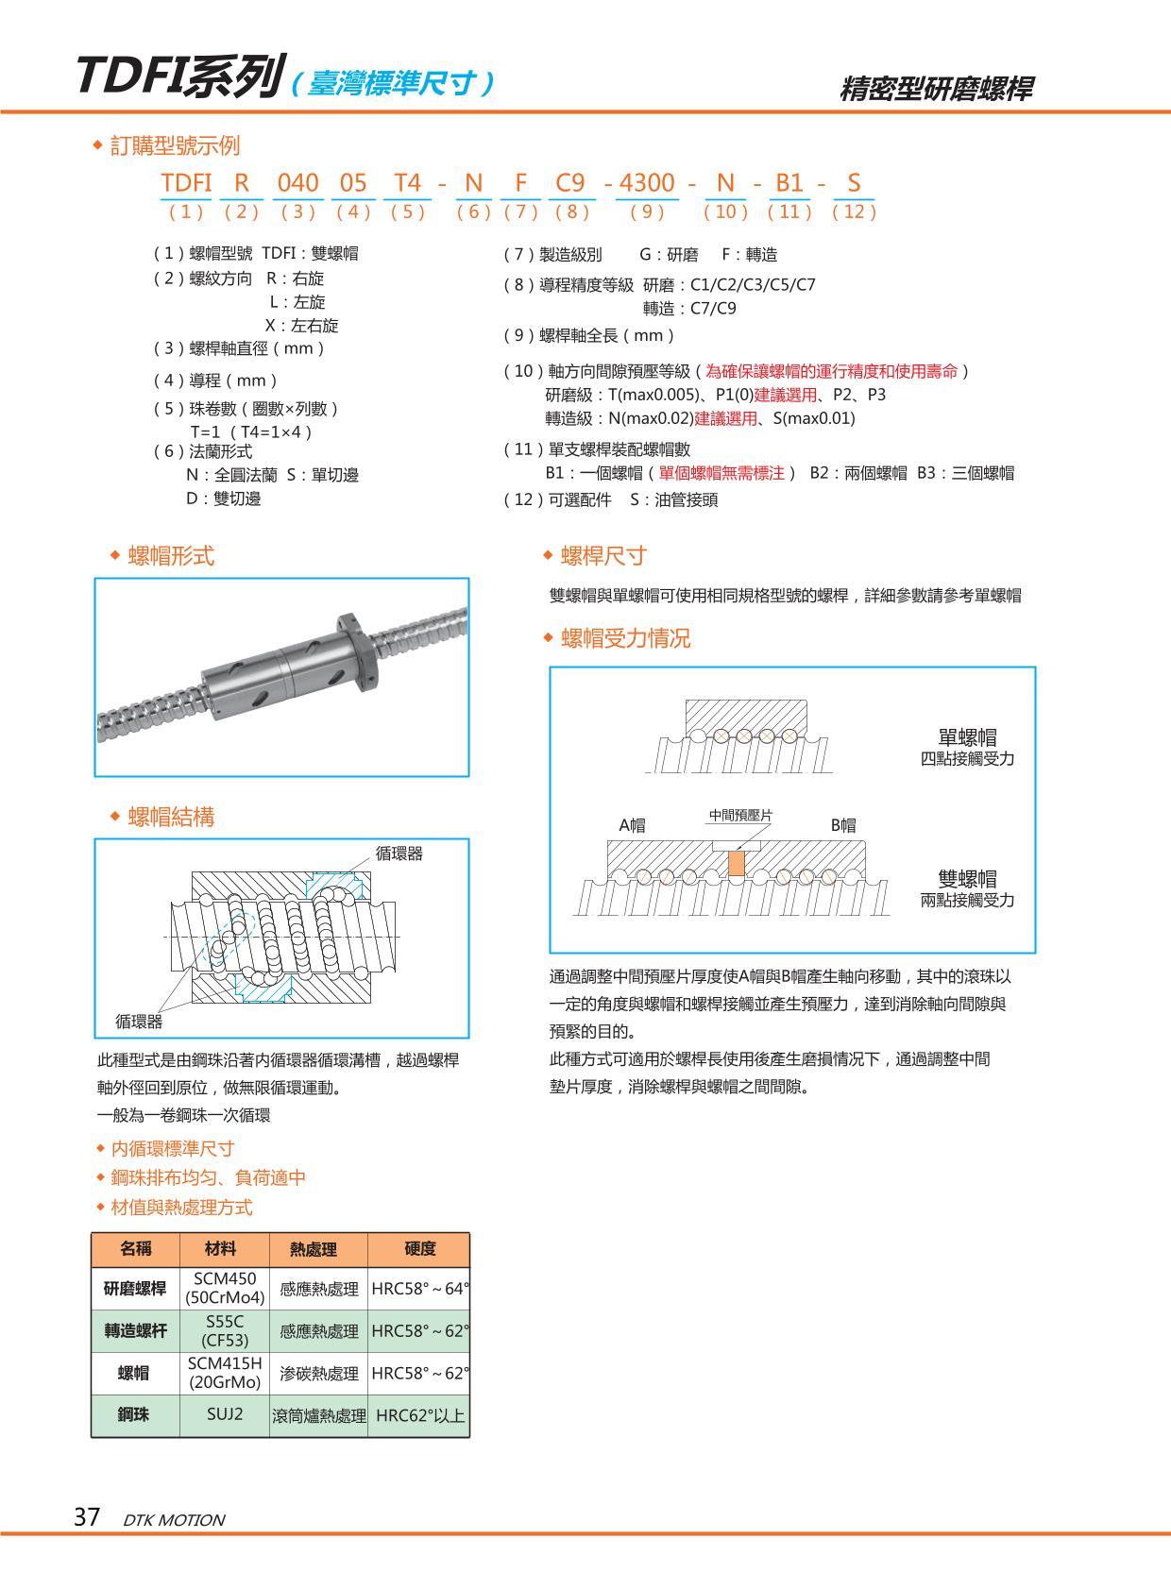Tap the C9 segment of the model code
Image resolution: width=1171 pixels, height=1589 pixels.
click(570, 182)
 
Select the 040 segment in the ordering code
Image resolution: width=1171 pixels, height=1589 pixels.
click(297, 182)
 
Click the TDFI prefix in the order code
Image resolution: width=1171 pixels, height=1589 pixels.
click(186, 182)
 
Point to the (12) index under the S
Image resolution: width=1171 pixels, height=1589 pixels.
click(854, 211)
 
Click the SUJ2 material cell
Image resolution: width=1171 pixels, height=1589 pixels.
click(225, 1414)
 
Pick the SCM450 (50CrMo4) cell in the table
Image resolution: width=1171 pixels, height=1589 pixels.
click(225, 1288)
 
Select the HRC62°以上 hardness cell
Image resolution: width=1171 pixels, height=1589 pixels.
click(419, 1415)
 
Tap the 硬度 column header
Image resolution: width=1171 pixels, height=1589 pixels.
click(419, 1249)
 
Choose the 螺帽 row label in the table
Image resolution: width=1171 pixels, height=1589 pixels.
click(134, 1373)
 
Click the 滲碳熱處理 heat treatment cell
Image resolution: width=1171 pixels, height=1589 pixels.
click(319, 1374)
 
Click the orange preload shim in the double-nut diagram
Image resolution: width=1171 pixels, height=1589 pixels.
click(737, 862)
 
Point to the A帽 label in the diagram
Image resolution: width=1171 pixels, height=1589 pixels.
click(632, 825)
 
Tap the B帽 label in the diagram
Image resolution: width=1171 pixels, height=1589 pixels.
click(843, 825)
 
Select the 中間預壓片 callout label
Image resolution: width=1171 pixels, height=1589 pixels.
click(740, 816)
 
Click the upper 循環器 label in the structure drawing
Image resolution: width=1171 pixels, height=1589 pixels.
click(399, 854)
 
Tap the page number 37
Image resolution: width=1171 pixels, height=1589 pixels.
click(87, 1517)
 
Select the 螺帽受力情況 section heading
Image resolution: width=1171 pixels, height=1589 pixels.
click(625, 638)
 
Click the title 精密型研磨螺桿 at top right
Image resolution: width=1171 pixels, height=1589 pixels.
click(936, 89)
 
